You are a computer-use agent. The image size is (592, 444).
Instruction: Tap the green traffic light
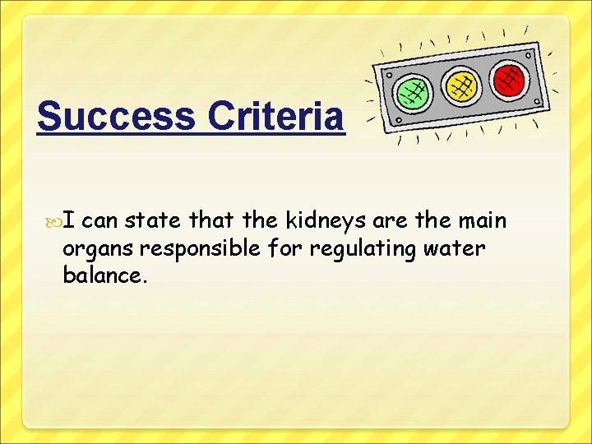(412, 92)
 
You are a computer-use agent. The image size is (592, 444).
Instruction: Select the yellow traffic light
(461, 84)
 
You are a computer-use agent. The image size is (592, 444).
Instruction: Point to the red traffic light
(509, 78)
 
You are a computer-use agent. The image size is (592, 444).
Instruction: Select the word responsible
(197, 249)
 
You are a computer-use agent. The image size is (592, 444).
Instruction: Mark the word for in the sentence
(283, 248)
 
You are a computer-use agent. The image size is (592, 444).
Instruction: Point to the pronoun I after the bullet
(69, 221)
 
